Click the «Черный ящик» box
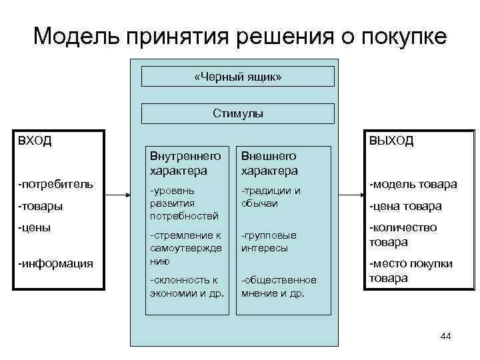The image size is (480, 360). (238, 77)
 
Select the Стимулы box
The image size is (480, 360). (238, 113)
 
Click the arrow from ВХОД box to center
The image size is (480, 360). (117, 195)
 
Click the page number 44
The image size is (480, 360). (445, 337)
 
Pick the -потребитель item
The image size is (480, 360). (56, 183)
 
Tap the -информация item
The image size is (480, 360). (56, 263)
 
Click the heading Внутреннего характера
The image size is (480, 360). (177, 163)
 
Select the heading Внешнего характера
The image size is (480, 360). (269, 163)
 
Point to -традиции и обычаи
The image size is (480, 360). (271, 197)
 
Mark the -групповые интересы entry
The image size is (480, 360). (269, 242)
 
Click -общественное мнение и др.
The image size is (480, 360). (279, 285)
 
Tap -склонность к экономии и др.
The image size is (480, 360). (187, 285)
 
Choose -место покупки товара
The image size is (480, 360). (411, 271)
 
